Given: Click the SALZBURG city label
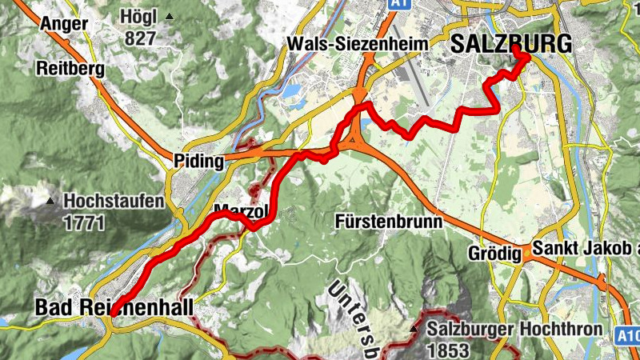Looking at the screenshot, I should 511,45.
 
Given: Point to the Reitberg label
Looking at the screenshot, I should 70,69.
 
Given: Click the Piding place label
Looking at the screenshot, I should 198,162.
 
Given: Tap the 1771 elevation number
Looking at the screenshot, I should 83,223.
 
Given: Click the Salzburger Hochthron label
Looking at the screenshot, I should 492,329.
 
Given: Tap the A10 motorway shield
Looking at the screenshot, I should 630,336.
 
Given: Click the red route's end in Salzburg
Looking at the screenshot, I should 515,50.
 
